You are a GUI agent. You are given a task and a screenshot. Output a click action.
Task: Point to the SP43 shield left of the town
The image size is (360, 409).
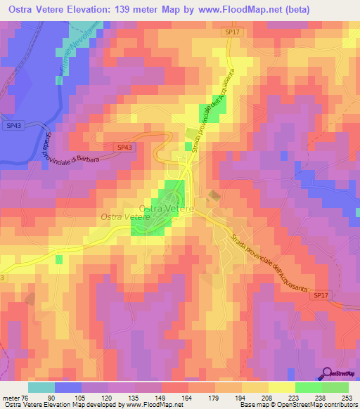[124, 147]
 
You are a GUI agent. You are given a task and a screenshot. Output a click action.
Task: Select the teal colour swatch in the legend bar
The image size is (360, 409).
[41, 387]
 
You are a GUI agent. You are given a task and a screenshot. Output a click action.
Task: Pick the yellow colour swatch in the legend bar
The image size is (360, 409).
[281, 387]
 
